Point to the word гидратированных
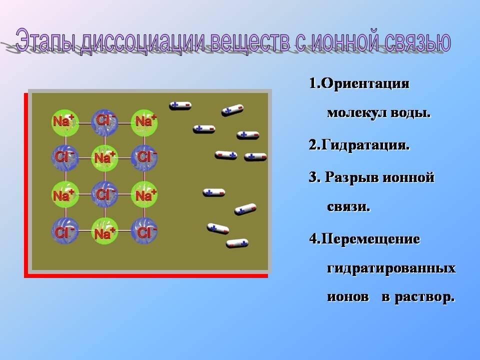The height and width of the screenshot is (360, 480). pyautogui.click(x=391, y=268)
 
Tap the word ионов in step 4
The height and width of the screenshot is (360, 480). pyautogui.click(x=348, y=297)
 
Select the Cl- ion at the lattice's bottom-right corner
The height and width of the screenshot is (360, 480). pyautogui.click(x=144, y=231)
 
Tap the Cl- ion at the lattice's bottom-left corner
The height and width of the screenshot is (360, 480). pyautogui.click(x=65, y=231)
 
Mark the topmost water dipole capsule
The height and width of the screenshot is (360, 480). pyautogui.click(x=180, y=105)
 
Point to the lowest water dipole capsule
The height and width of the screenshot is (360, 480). pyautogui.click(x=237, y=243)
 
